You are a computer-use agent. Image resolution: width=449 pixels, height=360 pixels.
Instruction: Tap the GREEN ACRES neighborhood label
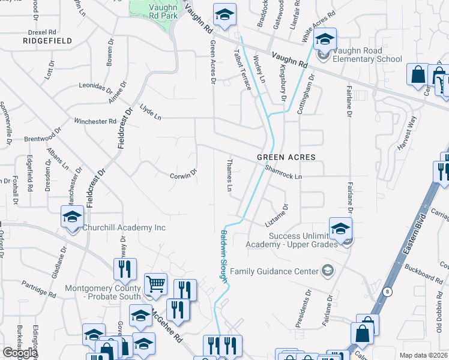point(286,157)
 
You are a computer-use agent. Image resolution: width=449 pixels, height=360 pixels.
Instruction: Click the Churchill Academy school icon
point(72,217)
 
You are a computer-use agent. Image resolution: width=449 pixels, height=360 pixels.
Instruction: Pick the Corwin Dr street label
point(183,174)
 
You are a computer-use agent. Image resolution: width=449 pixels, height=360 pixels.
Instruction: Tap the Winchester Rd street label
point(95,121)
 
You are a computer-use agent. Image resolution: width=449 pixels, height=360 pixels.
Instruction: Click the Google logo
point(20,353)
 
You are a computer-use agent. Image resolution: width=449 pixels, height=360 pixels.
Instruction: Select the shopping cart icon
point(156,284)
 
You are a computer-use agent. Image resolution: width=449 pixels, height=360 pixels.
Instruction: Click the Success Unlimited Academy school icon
point(340,229)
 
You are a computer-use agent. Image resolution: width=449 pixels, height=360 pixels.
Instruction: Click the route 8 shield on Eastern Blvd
point(388,292)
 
